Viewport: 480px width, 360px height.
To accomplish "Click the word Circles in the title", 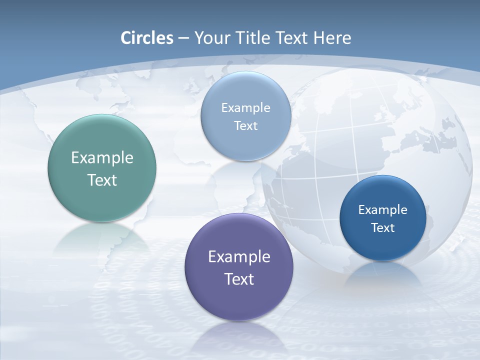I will coord(147,38).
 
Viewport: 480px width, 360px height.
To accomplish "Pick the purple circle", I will coord(239,300).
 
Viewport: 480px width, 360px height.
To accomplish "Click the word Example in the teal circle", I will coord(102,158).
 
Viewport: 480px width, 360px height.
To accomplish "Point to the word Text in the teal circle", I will coord(102,180).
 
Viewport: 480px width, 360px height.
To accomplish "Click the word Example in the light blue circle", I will coord(245,108).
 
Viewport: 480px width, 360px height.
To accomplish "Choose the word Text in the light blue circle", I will coord(245,126).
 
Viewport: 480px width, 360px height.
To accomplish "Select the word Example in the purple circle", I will coord(239,257).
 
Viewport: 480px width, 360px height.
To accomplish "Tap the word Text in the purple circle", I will coord(239,279).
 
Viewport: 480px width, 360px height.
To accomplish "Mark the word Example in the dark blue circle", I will coord(383,210).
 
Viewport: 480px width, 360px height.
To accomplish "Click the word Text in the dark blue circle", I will coord(383,228).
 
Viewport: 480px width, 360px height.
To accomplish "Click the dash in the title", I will coord(183,38).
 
